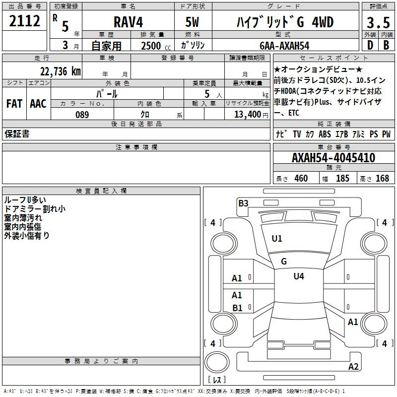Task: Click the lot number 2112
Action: [24, 21]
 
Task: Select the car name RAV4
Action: [128, 22]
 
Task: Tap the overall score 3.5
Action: [378, 22]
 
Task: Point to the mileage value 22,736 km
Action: [60, 71]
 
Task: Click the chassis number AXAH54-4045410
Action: [333, 158]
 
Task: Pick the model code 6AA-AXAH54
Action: [284, 46]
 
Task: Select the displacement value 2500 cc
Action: [156, 46]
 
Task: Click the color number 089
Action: [82, 115]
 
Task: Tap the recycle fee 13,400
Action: [247, 115]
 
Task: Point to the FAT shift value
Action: [14, 104]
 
